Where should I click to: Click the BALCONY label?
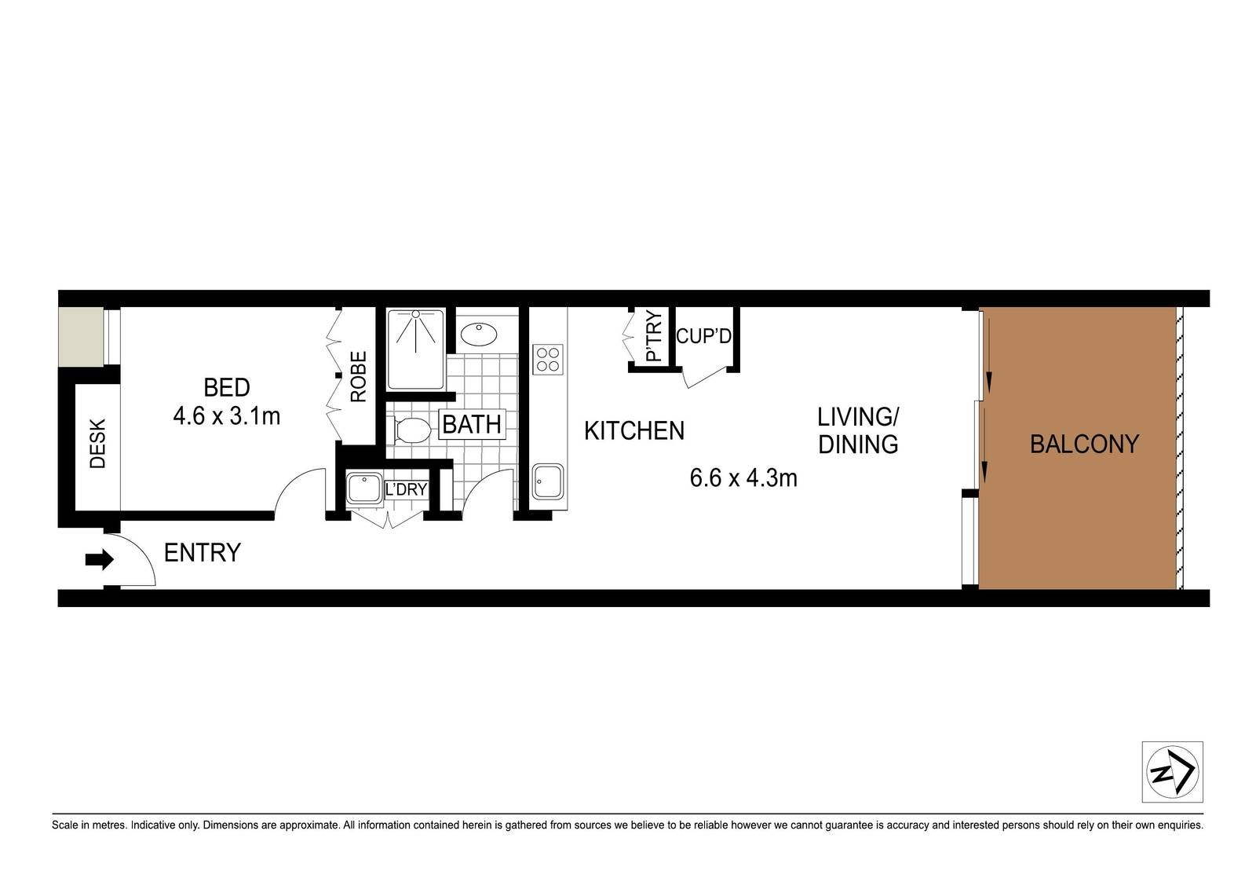pos(1084,444)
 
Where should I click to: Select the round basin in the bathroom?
pos(479,335)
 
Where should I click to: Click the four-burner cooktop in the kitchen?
pos(548,359)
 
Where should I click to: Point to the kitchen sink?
pos(548,481)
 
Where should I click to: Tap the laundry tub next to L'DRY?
pos(364,488)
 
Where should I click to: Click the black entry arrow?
pos(99,559)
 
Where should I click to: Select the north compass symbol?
pos(1173,772)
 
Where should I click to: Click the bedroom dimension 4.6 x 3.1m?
pos(227,417)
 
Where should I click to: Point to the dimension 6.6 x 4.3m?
pos(743,478)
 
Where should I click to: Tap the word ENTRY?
pos(203,553)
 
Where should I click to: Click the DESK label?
pos(97,443)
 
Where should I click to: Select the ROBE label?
pos(358,376)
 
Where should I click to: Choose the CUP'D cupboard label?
pos(703,336)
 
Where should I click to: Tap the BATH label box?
pos(472,425)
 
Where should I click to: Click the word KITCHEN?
pos(634,431)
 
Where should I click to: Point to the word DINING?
pos(858,444)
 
